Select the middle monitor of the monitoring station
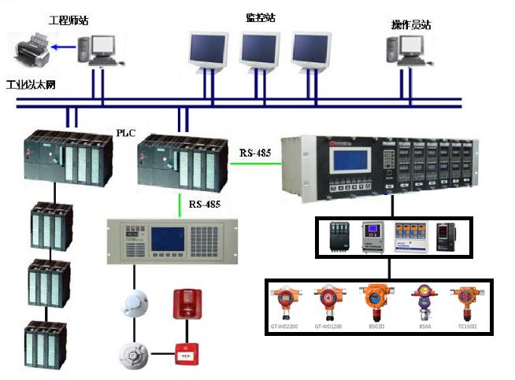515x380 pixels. point(261,50)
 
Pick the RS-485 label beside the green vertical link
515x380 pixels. point(204,205)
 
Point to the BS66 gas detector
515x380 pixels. point(424,302)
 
